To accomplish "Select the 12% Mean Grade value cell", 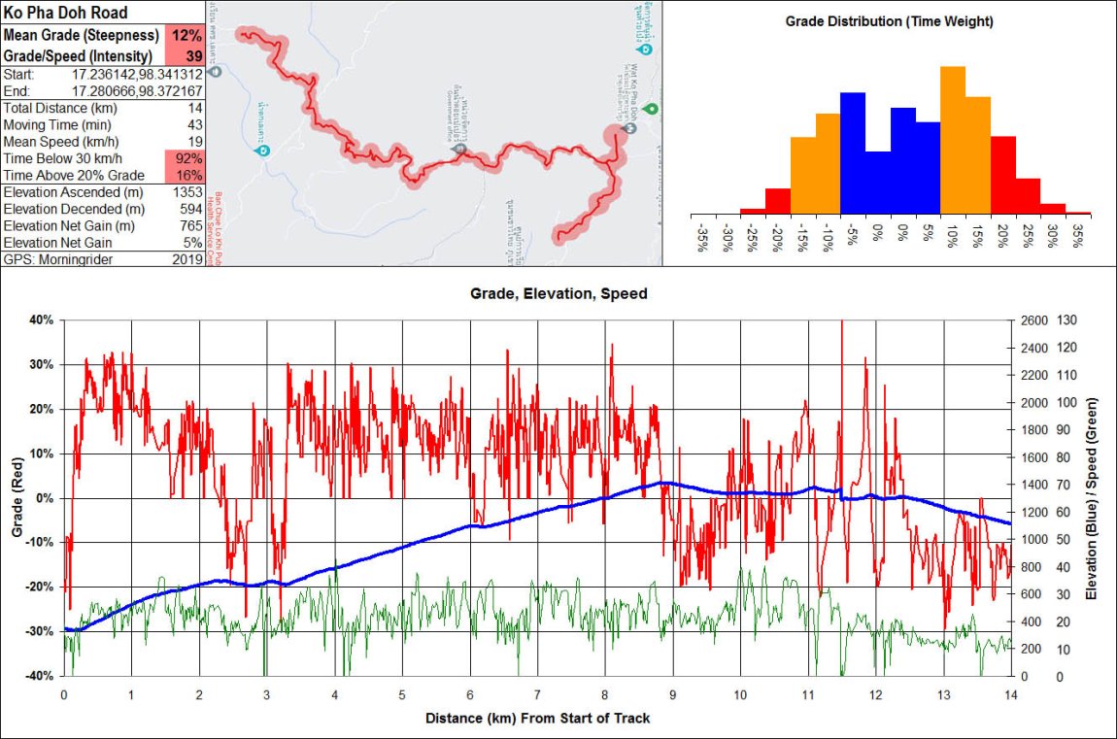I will [186, 35].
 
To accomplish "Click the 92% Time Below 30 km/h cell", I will [186, 158].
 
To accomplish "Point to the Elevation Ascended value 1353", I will [185, 192].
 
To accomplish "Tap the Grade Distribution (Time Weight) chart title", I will [889, 21].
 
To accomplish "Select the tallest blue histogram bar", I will [853, 151].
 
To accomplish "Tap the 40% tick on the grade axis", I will [42, 320].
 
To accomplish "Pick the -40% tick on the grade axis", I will [40, 676].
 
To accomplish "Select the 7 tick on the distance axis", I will [537, 695].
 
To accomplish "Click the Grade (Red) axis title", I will [17, 498].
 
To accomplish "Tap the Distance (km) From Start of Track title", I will [537, 719].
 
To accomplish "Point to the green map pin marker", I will [651, 108].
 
